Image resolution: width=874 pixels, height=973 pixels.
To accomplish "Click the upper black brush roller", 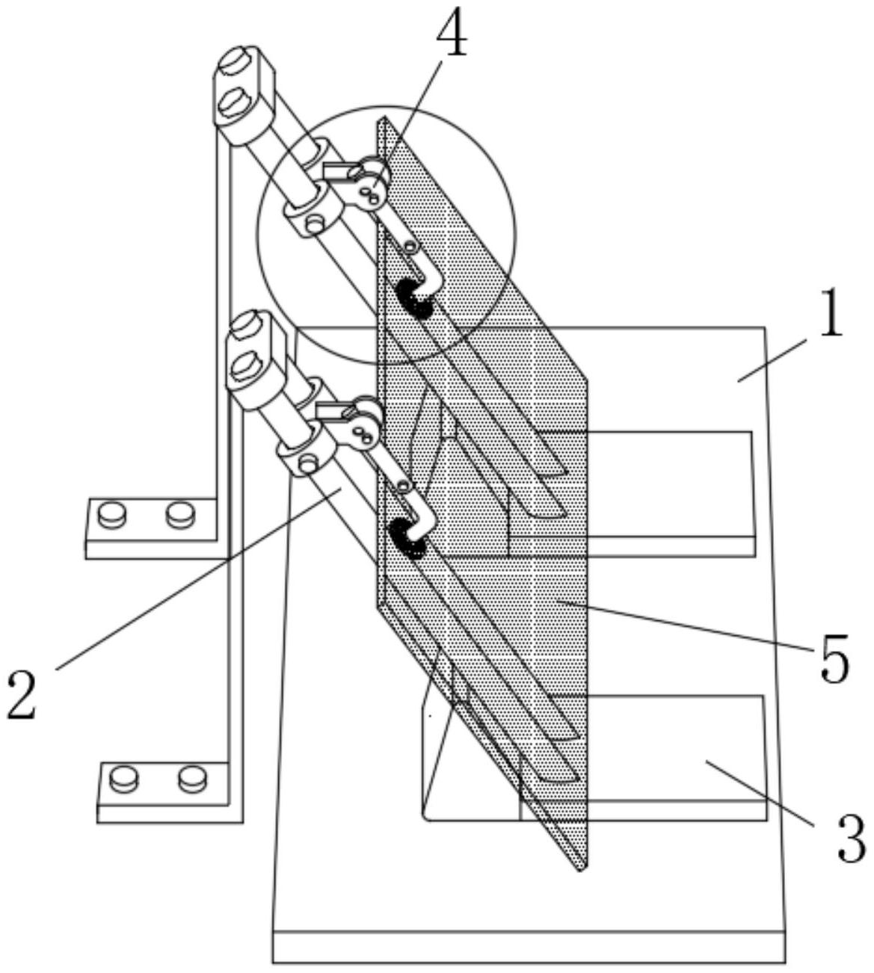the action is pos(413,298).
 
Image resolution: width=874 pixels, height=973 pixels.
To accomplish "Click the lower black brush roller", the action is pos(407,540).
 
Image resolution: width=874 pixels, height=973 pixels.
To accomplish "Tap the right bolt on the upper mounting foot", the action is pos(181,515).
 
